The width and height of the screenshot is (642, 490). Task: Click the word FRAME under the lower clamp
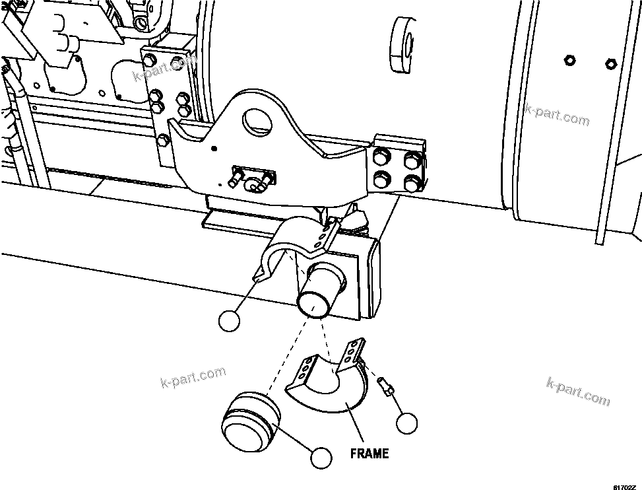(369, 454)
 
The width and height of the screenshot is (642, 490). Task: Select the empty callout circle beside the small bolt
(407, 423)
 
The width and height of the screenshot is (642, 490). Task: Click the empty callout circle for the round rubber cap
(321, 457)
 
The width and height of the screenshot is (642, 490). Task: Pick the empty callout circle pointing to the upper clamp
(229, 320)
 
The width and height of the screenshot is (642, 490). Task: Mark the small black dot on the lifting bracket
(213, 149)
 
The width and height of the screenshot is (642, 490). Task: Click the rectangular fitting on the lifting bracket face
(252, 177)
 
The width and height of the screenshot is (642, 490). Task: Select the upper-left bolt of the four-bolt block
(381, 157)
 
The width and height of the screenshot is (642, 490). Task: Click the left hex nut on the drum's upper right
(569, 61)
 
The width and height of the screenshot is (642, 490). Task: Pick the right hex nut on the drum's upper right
(610, 64)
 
